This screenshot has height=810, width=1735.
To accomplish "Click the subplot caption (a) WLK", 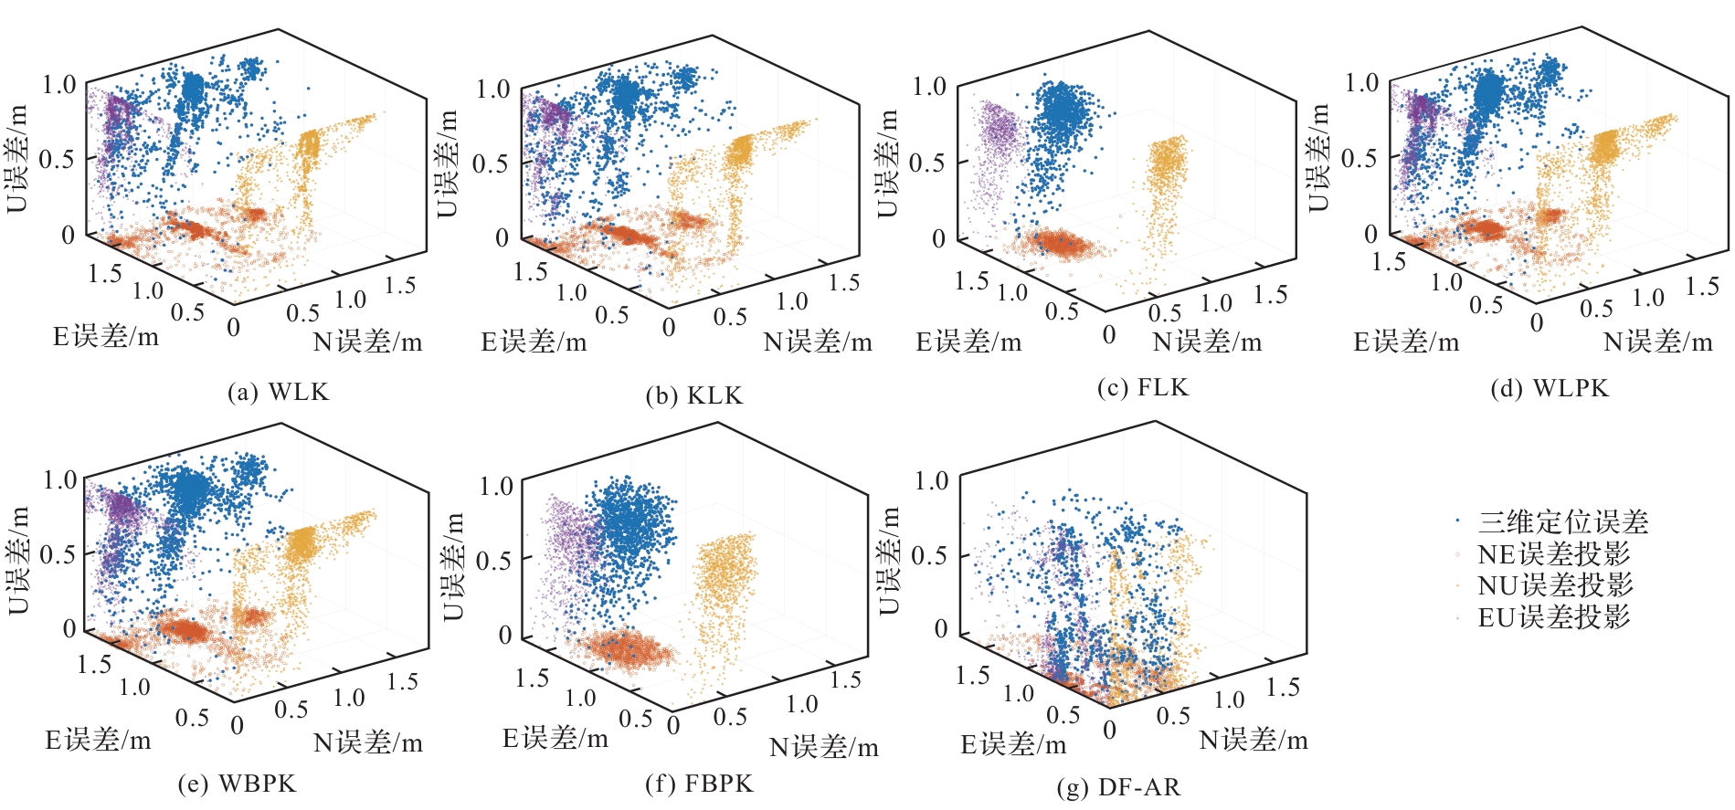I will pos(278,393).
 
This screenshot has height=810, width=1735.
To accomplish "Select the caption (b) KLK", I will pos(694,396).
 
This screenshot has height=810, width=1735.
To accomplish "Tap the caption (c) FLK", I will pos(1143,388).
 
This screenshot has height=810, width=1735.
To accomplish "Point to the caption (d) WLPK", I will pos(1550,389).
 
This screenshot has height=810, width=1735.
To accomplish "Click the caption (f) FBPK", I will pos(699,784).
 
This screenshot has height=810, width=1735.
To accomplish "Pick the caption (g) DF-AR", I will pos(1118,787).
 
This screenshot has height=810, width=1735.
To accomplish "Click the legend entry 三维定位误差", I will pos(1563,522).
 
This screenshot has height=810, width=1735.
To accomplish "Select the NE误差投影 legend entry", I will pos(1554,554).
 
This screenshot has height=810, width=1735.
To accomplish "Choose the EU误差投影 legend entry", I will pos(1554,617).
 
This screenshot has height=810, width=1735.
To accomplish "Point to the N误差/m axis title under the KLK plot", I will pos(818,342).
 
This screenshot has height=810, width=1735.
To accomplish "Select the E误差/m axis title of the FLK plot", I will pos(968,342).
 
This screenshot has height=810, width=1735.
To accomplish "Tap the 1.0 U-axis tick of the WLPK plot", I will pos(1361,83).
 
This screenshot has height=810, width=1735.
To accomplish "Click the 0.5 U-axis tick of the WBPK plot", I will pos(57,554).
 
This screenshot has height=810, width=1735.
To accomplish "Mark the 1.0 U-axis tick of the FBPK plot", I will pos(496,486).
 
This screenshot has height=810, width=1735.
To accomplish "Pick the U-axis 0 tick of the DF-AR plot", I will pos(940,628).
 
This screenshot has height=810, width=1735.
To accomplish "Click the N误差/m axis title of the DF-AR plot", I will pos(1254,741).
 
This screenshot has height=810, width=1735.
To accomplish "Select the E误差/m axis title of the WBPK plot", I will pos(98,741).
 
